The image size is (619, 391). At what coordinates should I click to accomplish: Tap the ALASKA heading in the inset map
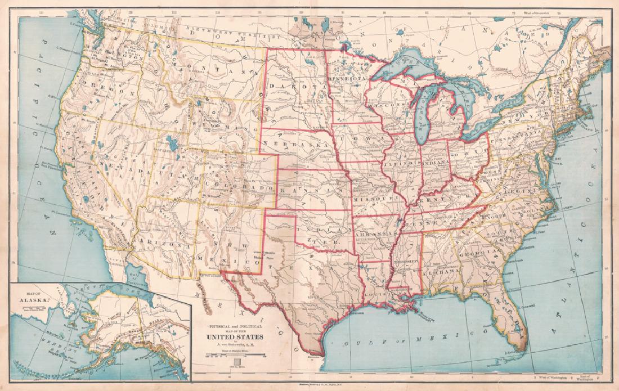(x=34, y=299)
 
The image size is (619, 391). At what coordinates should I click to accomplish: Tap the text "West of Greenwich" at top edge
(x=526, y=11)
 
